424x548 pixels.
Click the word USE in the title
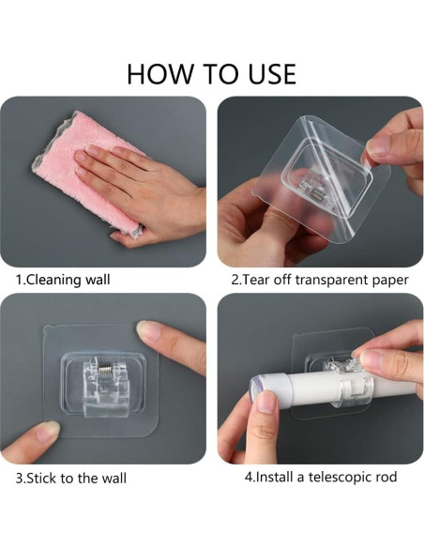click(x=272, y=74)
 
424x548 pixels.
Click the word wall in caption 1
click(x=98, y=280)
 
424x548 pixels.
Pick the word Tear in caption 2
click(x=255, y=280)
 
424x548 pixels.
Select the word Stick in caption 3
click(x=41, y=478)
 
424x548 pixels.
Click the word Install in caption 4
click(x=275, y=477)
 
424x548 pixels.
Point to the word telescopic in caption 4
click(x=338, y=478)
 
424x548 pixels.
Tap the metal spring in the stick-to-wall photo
click(x=104, y=368)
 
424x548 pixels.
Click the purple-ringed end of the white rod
click(x=257, y=388)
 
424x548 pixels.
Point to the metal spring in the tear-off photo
click(x=318, y=195)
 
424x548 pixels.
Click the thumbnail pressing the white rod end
click(x=265, y=402)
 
